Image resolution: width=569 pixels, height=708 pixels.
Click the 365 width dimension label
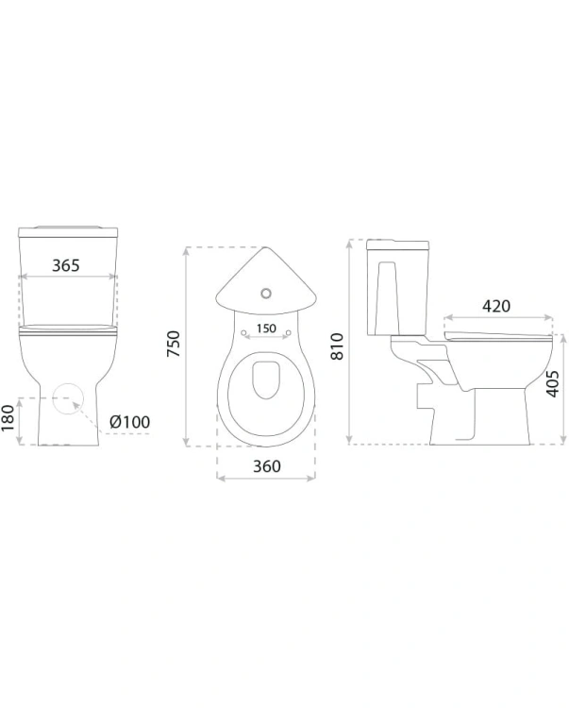coord(66,265)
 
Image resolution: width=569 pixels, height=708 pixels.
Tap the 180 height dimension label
coord(8,417)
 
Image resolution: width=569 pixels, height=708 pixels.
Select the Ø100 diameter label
coord(129,422)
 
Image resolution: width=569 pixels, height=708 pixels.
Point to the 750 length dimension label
coord(174,344)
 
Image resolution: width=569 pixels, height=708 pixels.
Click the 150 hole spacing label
coord(266,329)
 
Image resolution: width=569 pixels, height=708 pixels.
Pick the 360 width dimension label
coord(267,466)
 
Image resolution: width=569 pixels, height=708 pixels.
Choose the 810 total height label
coord(337,346)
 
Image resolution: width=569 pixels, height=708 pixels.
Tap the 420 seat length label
coord(496,306)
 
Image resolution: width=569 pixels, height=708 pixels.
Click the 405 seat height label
coord(553,384)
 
